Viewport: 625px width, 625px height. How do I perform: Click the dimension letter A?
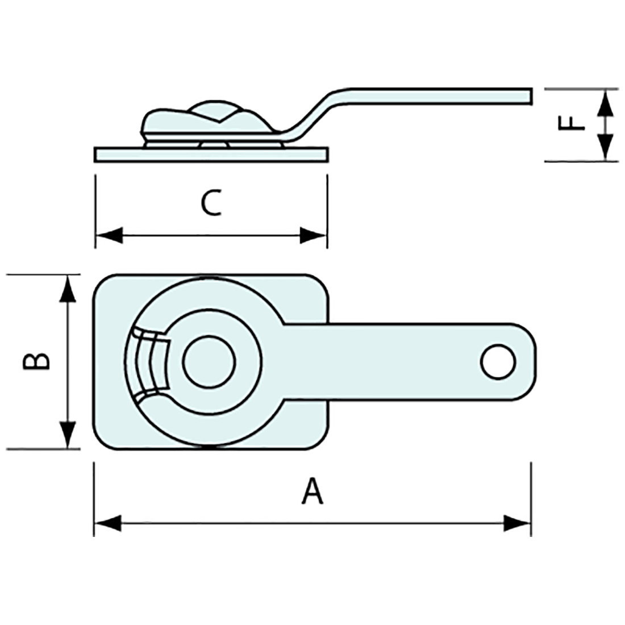point(312,491)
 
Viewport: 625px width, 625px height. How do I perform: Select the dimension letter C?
point(211,203)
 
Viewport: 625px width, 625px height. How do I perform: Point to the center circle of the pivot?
point(209,361)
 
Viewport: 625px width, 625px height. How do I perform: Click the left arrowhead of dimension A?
point(108,523)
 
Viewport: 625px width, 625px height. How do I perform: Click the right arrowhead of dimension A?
point(517,523)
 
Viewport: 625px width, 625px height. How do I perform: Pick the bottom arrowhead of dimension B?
point(68,435)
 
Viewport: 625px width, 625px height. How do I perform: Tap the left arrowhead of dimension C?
point(109,235)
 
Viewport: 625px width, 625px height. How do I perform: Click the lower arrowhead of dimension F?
point(606,147)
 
